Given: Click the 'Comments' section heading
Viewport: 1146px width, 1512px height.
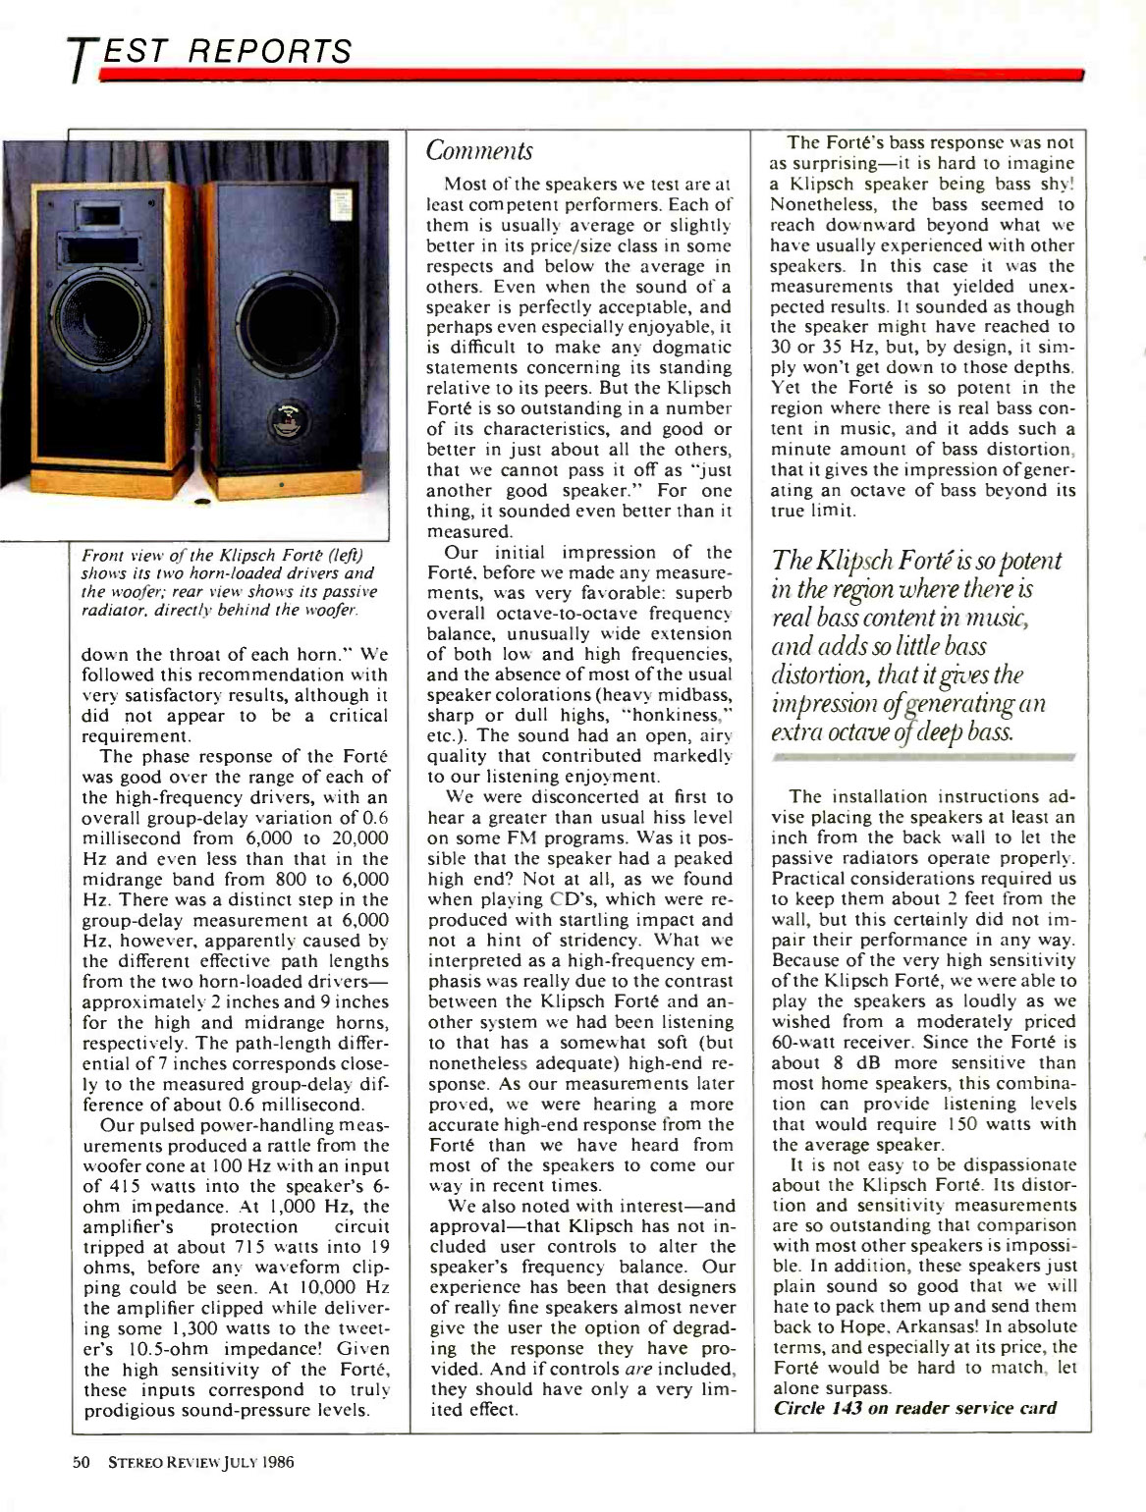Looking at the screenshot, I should click(479, 151).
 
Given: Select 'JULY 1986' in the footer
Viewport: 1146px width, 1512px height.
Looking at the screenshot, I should click(260, 1461).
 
